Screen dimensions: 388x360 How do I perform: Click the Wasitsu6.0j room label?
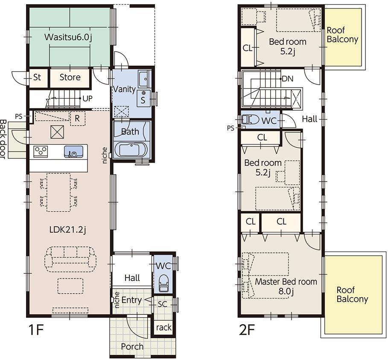point(68,37)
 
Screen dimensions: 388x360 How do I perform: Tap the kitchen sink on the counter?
point(73,152)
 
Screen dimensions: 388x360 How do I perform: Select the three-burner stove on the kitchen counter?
point(41,151)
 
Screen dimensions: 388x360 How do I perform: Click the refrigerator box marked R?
point(77,119)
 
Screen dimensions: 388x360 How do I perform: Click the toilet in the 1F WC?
point(164,284)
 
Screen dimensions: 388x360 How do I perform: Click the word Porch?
point(132,346)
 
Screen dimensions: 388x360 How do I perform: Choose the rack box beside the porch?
point(163,327)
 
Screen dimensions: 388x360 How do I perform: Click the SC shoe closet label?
point(162,304)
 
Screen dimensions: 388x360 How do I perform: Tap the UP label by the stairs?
point(88,99)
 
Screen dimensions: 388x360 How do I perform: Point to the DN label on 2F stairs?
point(288,79)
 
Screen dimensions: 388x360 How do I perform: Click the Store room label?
point(70,77)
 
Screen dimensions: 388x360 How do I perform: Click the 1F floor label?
point(36,330)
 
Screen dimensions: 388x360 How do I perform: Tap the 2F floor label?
point(247,330)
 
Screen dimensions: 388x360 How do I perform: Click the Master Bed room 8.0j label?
point(286,286)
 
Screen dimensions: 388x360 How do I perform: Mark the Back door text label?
point(3,140)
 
